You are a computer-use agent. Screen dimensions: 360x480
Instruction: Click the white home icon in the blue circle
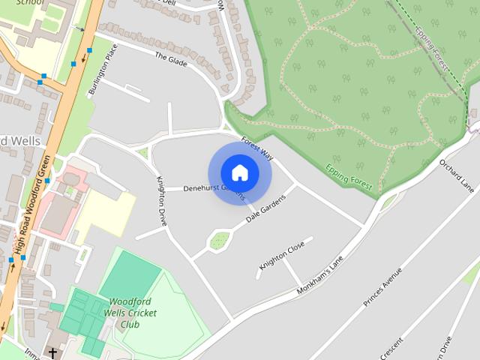click(239, 172)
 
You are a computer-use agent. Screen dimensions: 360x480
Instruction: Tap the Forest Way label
click(258, 148)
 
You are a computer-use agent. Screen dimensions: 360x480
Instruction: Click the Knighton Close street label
click(281, 255)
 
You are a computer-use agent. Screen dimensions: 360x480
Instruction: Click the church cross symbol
click(53, 352)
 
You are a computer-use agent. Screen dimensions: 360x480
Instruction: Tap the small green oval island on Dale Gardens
click(219, 241)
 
